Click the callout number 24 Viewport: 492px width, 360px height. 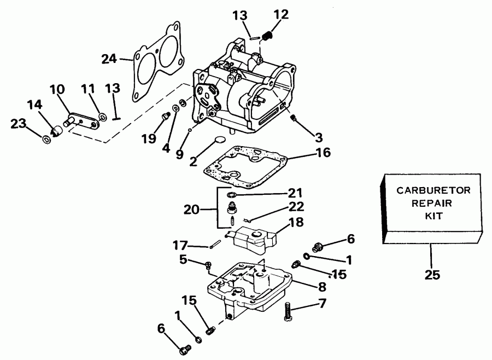110,58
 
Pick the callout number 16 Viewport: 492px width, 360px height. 323,153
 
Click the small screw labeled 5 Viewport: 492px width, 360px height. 208,265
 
